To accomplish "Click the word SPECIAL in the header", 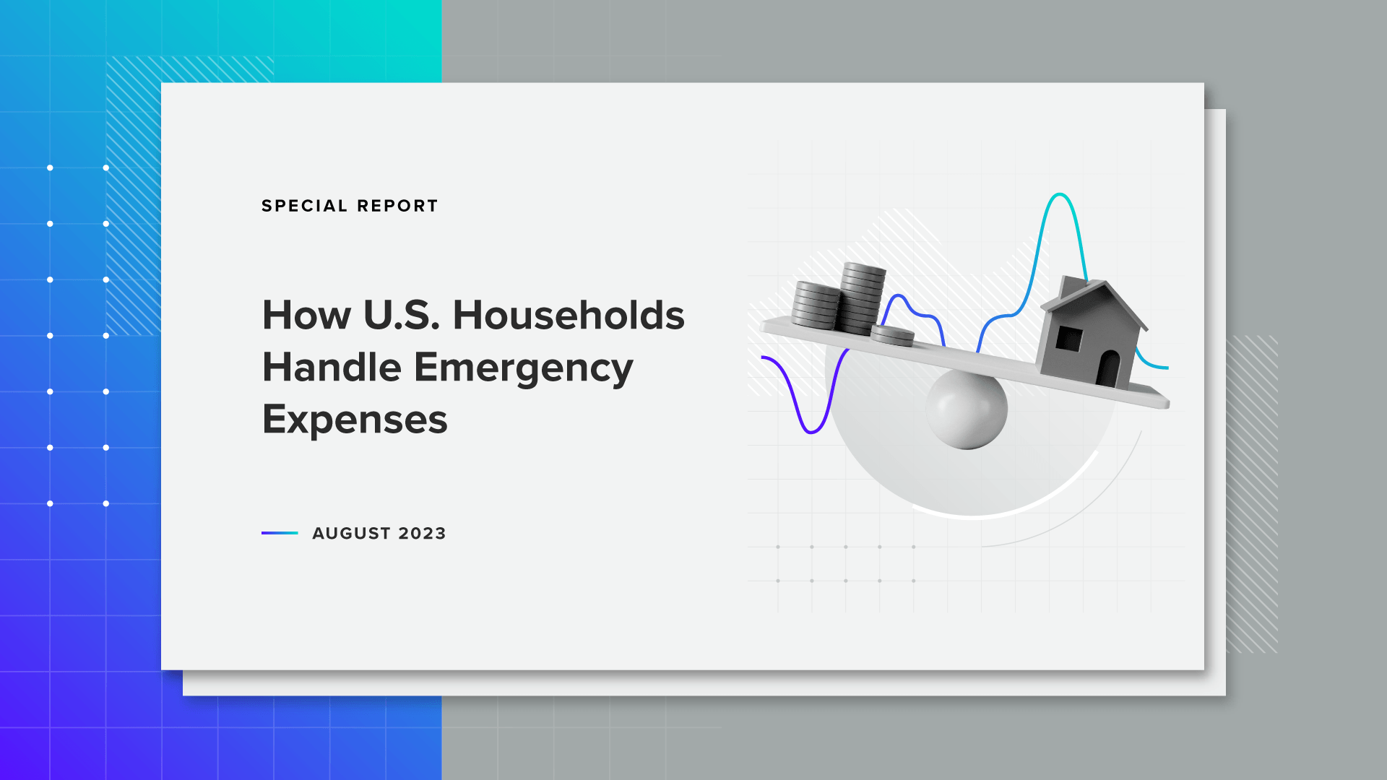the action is (305, 206).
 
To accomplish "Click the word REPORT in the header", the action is (397, 206).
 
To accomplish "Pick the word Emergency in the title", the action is (524, 368).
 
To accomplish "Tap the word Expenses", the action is (355, 420).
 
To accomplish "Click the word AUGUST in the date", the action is (352, 533).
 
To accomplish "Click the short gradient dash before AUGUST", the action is (280, 533).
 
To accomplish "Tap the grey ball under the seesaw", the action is (967, 409).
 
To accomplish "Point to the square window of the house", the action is (1069, 338).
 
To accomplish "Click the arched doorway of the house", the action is (1108, 369).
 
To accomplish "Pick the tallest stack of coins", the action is (863, 298).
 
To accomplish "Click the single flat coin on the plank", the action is (892, 335).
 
